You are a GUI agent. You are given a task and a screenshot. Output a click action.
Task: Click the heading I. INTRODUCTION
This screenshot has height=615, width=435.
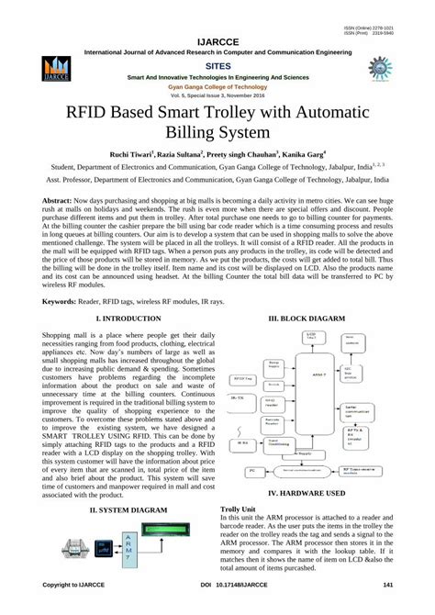(x=116, y=318)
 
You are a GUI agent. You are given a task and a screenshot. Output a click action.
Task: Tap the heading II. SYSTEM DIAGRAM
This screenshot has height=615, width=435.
(x=116, y=508)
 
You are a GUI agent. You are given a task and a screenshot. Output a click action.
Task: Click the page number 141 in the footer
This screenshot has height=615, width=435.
(x=388, y=585)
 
